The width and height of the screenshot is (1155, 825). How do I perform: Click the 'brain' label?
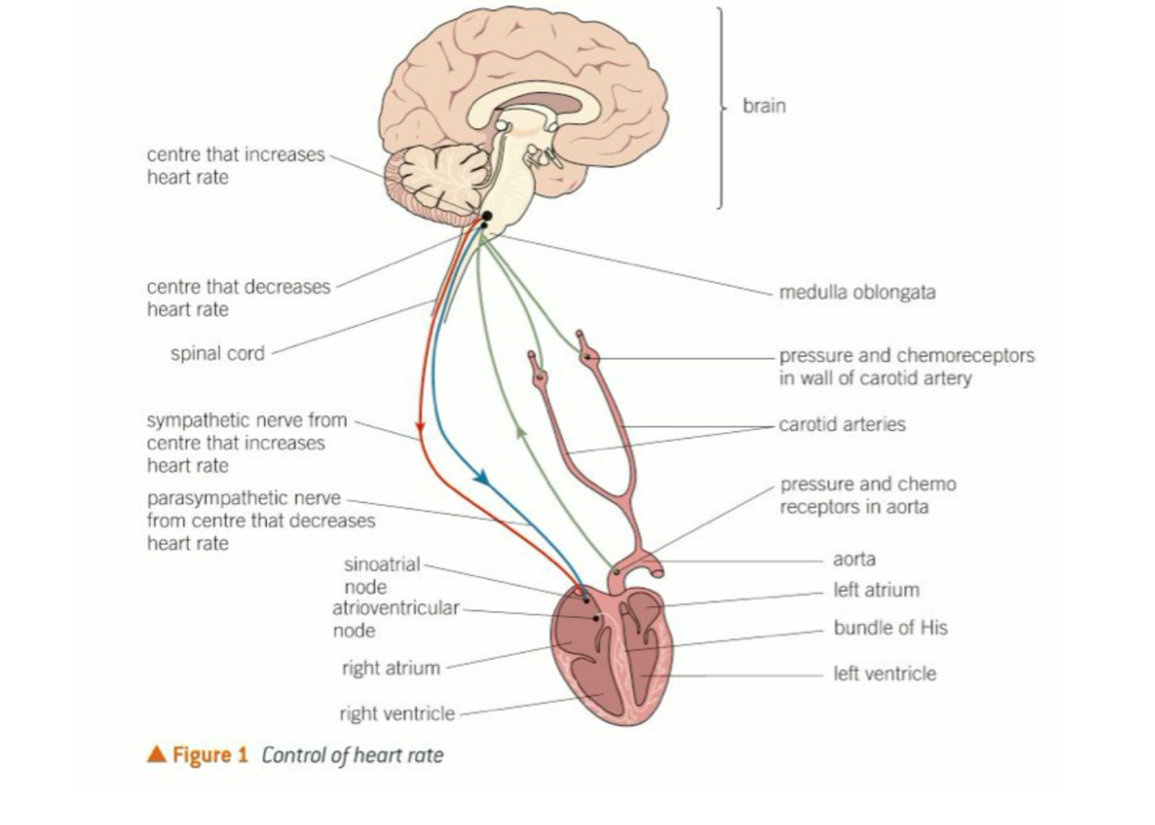764,106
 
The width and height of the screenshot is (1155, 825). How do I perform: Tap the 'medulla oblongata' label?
856,293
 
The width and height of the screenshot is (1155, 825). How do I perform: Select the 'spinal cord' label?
217,353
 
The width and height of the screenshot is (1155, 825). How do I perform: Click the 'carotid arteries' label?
842,425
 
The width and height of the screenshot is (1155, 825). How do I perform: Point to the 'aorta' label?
854,559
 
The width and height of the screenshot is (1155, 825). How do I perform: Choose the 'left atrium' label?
875,590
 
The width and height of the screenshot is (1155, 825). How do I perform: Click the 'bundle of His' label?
890,628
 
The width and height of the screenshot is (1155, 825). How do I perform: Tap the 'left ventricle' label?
884,674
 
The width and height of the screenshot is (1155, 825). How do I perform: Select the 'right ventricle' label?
397,714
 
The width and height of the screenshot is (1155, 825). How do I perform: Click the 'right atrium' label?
390,668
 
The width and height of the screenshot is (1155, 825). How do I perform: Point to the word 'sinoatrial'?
382,565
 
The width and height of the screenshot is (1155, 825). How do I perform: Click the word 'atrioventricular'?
396,608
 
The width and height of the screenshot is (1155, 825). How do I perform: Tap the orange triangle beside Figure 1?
157,754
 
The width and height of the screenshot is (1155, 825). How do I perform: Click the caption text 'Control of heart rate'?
352,756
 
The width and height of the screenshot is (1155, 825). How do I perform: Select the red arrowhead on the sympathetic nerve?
420,427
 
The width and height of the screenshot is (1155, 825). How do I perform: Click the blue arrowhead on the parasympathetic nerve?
481,477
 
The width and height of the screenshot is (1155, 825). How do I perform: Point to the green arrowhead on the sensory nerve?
520,430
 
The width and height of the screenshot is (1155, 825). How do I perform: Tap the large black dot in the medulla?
487,216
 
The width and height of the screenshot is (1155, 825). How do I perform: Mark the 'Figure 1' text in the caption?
210,755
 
